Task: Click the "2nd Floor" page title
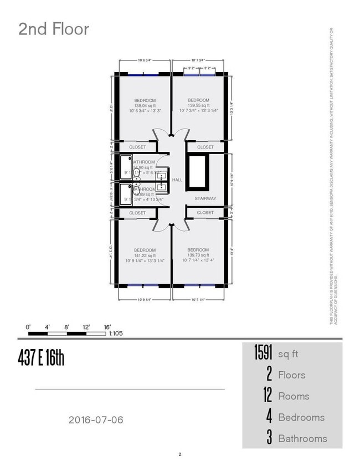tap(54, 29)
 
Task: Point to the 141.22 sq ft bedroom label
tap(145, 255)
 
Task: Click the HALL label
tap(177, 180)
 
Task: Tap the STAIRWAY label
tap(205, 198)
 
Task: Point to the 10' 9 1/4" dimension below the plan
tap(144, 300)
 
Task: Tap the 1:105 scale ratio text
tap(116, 334)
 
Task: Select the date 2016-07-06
tap(96, 420)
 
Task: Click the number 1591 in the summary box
tap(263, 353)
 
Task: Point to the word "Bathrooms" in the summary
tap(302, 439)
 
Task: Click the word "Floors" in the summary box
tap(291, 375)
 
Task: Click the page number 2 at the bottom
tap(180, 455)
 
